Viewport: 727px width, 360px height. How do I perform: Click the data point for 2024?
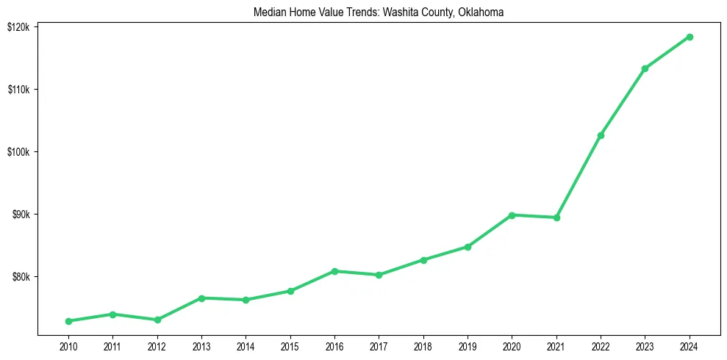(x=690, y=37)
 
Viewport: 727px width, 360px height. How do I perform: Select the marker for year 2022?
(x=601, y=135)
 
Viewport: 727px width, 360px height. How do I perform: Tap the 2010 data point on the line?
(x=68, y=321)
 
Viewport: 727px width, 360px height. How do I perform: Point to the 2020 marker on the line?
(x=512, y=215)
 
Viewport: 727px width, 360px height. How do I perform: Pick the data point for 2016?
(x=334, y=271)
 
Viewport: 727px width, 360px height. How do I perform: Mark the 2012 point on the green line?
(x=157, y=320)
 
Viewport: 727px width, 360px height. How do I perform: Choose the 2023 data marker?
(x=645, y=68)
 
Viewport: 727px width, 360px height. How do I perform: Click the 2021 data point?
(x=556, y=217)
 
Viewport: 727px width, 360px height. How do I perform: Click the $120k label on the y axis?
(x=17, y=27)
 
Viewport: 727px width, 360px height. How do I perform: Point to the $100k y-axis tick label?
(x=17, y=152)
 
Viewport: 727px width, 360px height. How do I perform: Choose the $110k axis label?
(x=17, y=90)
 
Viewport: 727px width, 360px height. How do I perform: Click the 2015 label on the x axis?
(x=290, y=346)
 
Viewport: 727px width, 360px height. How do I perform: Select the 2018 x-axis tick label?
(x=423, y=346)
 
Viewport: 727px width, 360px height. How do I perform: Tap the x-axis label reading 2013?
(x=201, y=346)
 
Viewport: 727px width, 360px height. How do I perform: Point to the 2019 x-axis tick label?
(x=468, y=346)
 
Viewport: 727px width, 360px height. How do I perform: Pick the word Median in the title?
(x=268, y=12)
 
